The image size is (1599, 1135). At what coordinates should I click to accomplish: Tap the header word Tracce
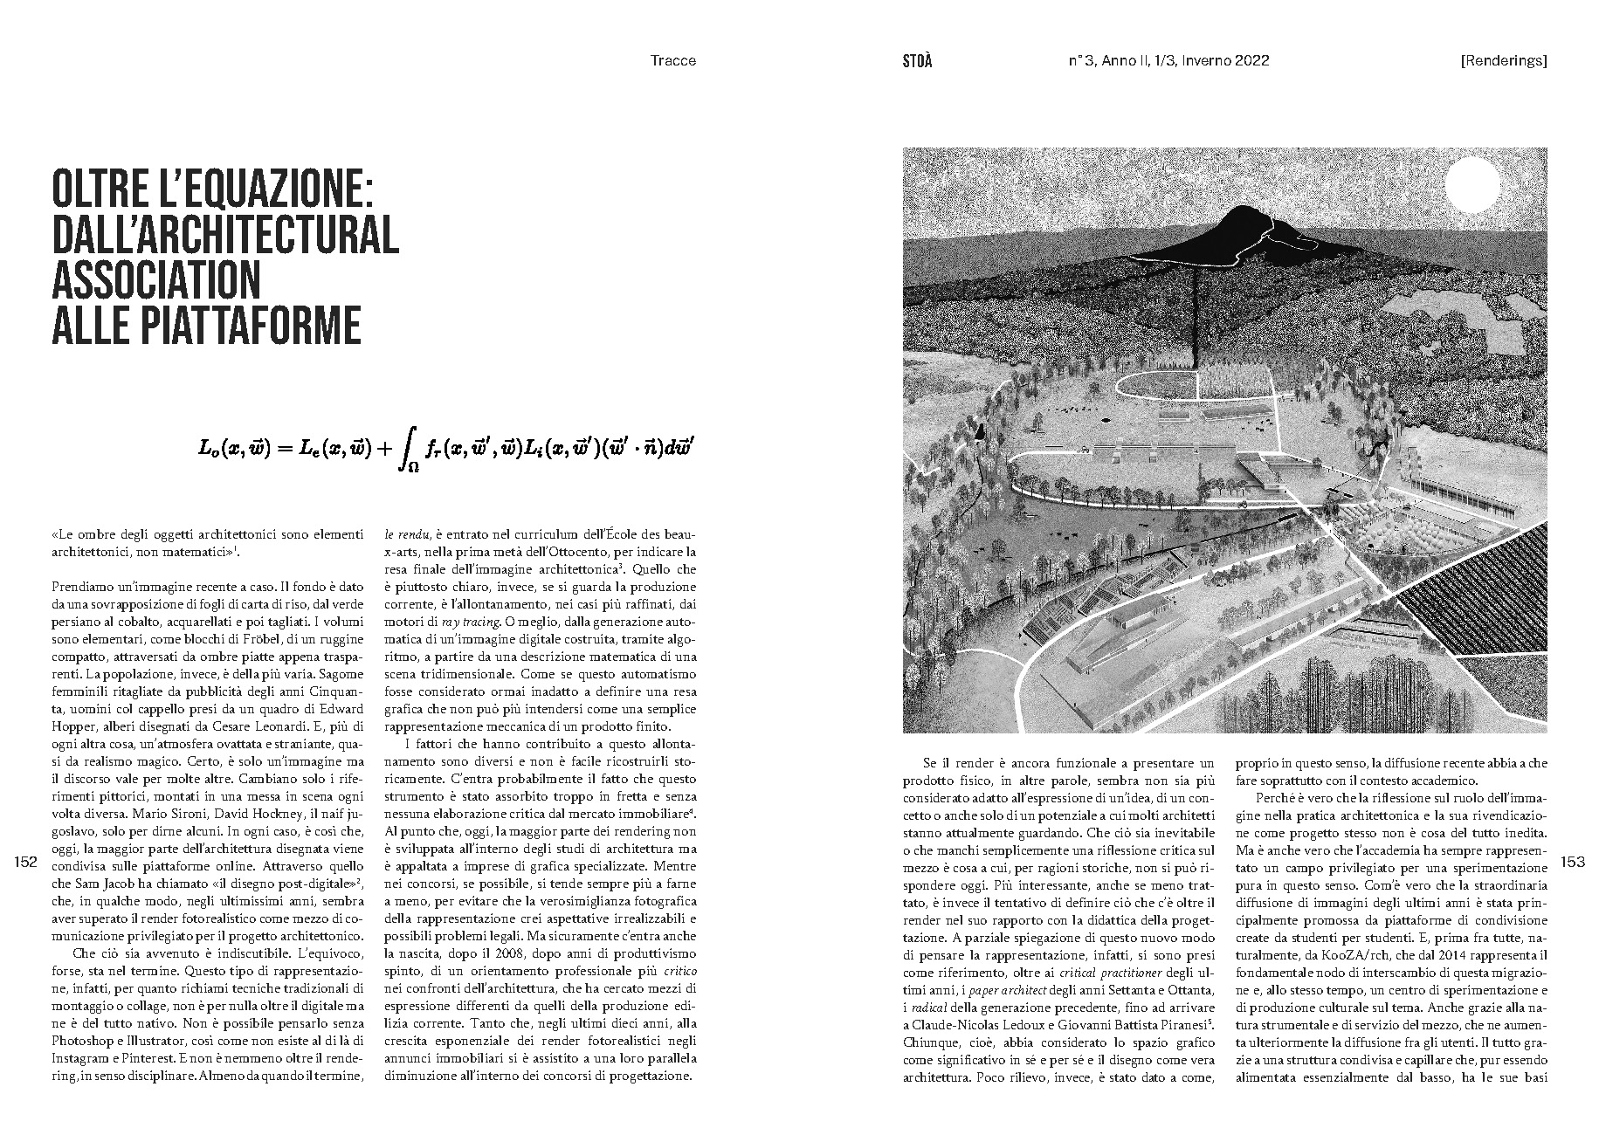click(673, 61)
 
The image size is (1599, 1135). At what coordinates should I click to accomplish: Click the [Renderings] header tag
click(1503, 61)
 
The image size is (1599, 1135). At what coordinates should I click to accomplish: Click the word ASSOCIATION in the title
click(157, 279)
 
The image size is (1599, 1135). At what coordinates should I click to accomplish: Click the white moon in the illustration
click(1472, 184)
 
